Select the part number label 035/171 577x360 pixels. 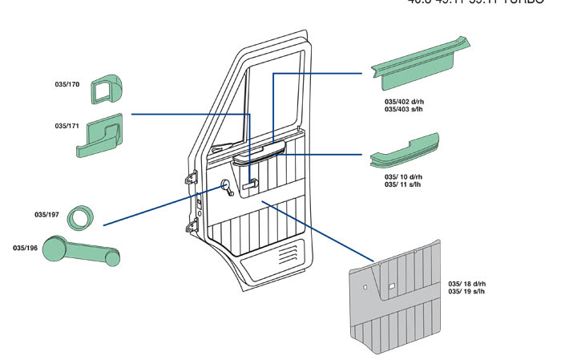click(x=67, y=126)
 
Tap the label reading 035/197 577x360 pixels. click(x=46, y=214)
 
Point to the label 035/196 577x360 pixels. click(x=24, y=247)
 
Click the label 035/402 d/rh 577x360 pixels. click(x=405, y=103)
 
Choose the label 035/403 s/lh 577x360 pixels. click(x=405, y=110)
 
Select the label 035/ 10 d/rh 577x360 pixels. click(x=403, y=176)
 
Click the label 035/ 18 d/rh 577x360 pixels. click(x=466, y=285)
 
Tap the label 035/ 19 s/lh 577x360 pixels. click(x=466, y=292)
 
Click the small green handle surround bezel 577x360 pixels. click(x=105, y=89)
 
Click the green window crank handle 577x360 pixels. click(x=80, y=250)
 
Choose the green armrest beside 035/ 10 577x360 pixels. click(x=405, y=152)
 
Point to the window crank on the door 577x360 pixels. click(x=227, y=189)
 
